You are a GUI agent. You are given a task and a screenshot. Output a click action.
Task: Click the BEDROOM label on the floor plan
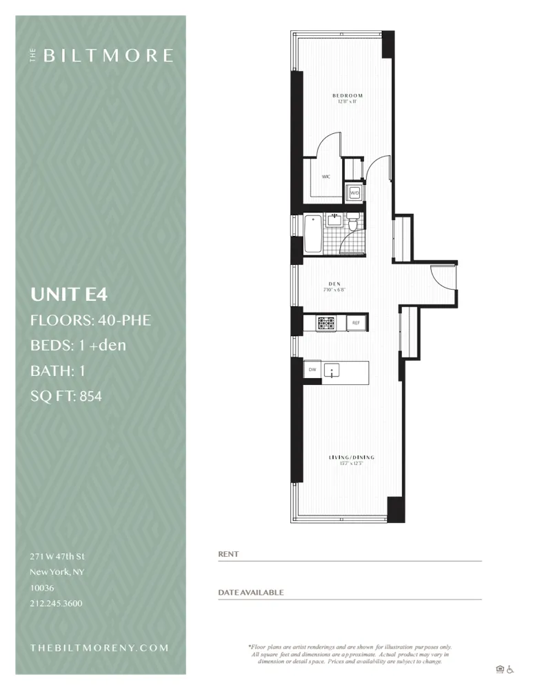click(347, 95)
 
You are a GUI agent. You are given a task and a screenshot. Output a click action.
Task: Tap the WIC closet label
click(325, 177)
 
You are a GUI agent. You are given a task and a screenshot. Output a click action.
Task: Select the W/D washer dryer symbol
click(354, 193)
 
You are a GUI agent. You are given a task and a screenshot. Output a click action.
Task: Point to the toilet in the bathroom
click(353, 223)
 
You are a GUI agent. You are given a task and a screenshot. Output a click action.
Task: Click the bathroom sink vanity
click(334, 220)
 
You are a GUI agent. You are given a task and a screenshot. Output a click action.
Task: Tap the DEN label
click(333, 283)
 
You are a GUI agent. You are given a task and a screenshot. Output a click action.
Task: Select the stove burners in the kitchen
click(325, 322)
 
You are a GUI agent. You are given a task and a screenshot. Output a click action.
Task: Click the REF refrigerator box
click(356, 322)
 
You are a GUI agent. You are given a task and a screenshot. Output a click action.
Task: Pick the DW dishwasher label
click(312, 369)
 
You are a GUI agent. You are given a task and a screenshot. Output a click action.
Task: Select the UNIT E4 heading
click(69, 295)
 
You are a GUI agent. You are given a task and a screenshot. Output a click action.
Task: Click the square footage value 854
click(90, 396)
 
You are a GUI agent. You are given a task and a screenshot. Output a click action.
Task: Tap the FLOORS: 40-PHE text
click(91, 320)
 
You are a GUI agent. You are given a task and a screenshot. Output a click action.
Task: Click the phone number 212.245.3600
click(57, 603)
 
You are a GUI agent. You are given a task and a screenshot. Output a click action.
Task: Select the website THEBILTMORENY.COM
click(99, 648)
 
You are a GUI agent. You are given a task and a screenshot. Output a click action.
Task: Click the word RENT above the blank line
click(228, 554)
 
